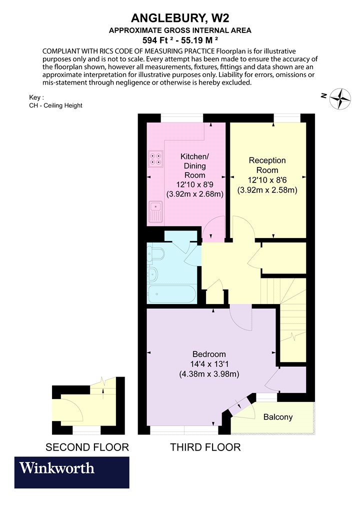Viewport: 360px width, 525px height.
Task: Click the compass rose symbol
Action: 340,99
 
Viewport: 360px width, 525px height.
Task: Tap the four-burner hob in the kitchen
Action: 155,158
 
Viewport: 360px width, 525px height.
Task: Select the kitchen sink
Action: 155,211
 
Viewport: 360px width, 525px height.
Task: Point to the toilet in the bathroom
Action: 155,253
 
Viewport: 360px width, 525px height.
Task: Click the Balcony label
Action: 278,417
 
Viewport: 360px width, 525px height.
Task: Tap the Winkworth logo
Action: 71,472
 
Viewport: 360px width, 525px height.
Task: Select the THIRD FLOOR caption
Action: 205,447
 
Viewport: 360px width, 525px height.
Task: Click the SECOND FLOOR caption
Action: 87,447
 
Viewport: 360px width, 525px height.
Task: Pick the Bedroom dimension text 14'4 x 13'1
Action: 209,364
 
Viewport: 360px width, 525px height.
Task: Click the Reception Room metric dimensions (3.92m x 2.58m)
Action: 267,190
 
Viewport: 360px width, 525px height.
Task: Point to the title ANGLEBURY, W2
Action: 180,17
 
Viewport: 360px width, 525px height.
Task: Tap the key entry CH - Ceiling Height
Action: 55,105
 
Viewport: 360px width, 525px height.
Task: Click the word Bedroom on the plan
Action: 209,354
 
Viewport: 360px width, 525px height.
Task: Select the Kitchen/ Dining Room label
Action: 194,165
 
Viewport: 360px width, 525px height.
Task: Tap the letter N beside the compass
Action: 324,96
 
